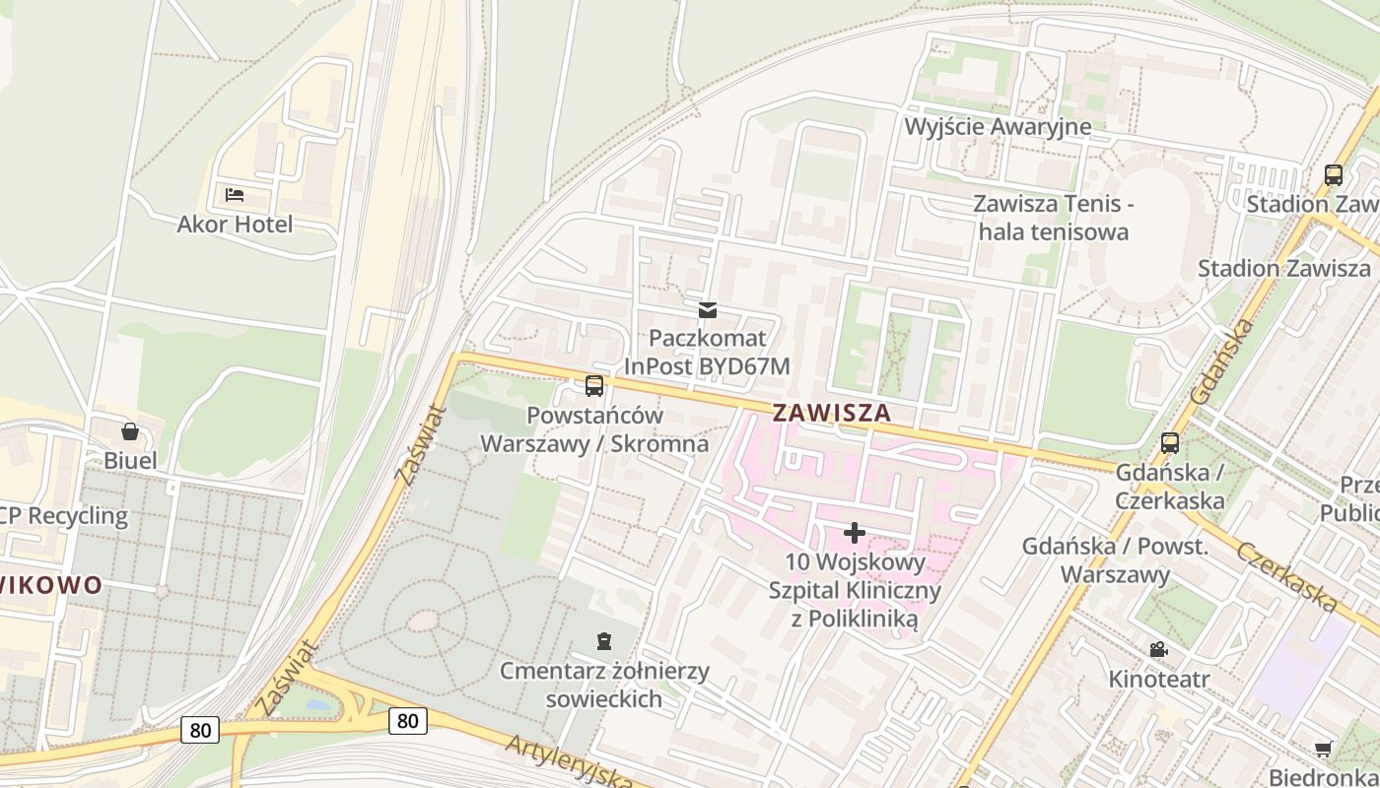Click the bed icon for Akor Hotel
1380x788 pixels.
234,195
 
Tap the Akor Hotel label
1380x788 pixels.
235,225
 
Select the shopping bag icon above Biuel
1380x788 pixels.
129,431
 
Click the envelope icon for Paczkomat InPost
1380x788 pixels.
707,310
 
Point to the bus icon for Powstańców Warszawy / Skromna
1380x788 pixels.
593,386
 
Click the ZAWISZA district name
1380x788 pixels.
832,413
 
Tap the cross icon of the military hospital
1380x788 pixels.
855,533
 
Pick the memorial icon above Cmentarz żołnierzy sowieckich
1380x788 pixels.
603,641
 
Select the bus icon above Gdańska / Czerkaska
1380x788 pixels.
1170,443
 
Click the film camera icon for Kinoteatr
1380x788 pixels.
1158,650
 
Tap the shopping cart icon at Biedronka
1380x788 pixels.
1324,749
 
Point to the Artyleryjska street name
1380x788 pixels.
570,761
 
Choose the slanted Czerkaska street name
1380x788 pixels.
1286,576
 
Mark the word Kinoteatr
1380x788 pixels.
1159,679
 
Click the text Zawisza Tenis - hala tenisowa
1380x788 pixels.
1053,218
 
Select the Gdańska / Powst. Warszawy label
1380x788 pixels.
1116,559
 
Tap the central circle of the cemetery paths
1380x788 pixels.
423,621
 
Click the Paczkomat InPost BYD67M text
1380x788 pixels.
707,353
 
